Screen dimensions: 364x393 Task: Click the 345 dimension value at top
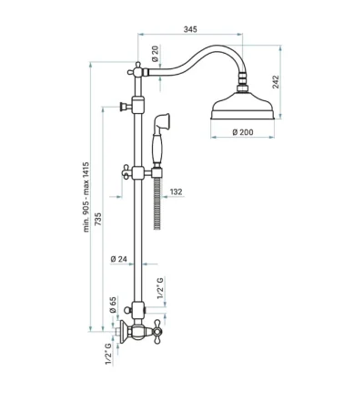tap(190, 29)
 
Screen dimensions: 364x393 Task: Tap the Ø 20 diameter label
tap(156, 54)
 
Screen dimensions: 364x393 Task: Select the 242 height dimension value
tap(276, 82)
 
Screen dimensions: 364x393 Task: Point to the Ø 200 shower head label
tap(243, 132)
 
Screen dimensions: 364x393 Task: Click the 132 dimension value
tap(176, 191)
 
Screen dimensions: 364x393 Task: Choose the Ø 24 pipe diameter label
tap(118, 259)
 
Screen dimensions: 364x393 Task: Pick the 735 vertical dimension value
tap(97, 219)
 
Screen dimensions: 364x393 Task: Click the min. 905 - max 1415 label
tap(86, 197)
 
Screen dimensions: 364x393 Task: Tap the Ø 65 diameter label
tap(113, 305)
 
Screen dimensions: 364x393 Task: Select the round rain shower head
tap(242, 109)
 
